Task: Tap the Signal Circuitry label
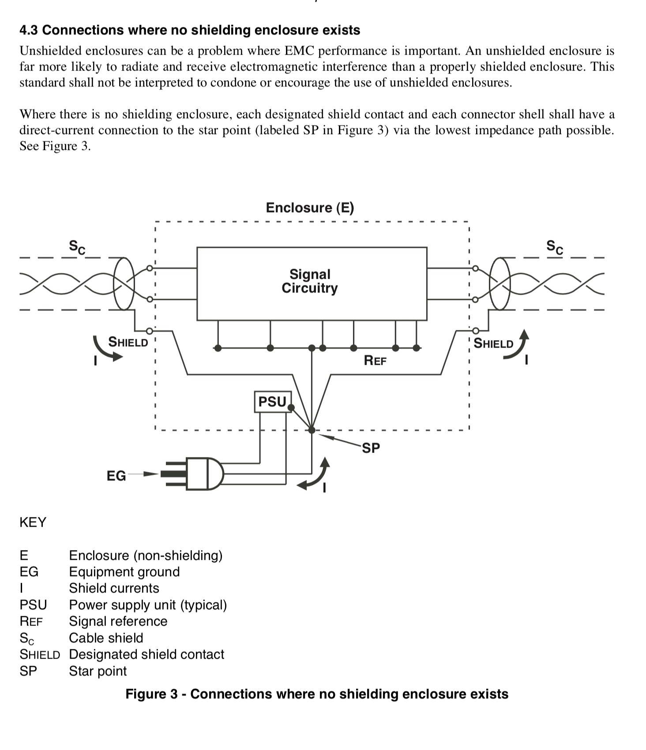click(310, 281)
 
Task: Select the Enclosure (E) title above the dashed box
click(310, 207)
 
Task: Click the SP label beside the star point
click(371, 448)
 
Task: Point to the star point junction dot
click(312, 430)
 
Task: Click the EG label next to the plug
click(116, 476)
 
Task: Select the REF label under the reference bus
click(375, 360)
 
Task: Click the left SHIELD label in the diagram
click(128, 342)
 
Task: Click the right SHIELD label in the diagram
click(493, 344)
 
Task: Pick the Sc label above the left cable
click(77, 247)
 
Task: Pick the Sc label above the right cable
click(555, 247)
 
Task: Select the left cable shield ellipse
click(114, 284)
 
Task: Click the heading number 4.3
click(29, 30)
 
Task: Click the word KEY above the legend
click(33, 522)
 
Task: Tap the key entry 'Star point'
click(98, 671)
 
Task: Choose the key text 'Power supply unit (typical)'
click(148, 605)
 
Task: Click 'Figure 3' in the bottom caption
click(150, 694)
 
